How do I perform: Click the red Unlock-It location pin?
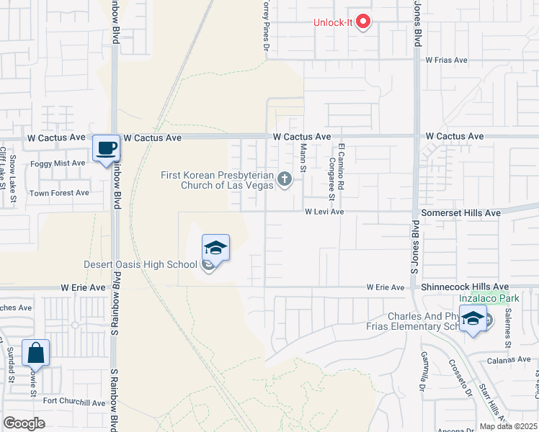(363, 22)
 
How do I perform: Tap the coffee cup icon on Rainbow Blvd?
(107, 148)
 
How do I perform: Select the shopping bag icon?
(35, 353)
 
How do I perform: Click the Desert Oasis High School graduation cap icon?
(215, 248)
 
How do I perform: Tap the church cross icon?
(285, 179)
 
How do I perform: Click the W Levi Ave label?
(324, 212)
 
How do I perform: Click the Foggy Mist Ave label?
(58, 163)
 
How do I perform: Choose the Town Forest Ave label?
(59, 193)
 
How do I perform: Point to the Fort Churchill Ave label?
(74, 402)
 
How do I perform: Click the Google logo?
(24, 423)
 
